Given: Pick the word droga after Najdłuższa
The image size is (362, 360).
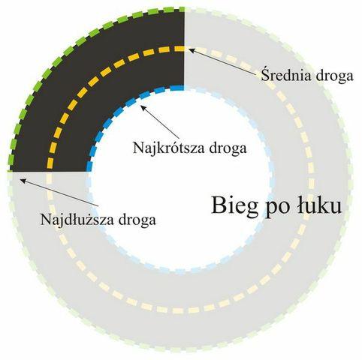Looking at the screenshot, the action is coord(137,220).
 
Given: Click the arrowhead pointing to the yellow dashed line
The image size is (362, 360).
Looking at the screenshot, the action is coord(191,50).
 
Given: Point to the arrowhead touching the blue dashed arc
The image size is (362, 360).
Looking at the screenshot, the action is coord(143,108).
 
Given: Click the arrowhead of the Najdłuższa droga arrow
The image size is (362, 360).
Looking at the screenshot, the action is coord(23,180).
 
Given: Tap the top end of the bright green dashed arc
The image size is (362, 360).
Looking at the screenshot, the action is coord(184,9).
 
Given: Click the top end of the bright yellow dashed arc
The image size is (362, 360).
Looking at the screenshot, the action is coord(184,49).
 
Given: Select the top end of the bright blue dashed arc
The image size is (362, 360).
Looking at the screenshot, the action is coord(184,88).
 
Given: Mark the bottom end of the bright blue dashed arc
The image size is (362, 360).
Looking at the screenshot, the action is coord(89,170).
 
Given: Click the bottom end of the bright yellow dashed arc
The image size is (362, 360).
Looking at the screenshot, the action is coord(50,169).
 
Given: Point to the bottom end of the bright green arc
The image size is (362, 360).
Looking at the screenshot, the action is coord(10,170).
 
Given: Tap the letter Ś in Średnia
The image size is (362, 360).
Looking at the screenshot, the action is coord(266,74).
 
